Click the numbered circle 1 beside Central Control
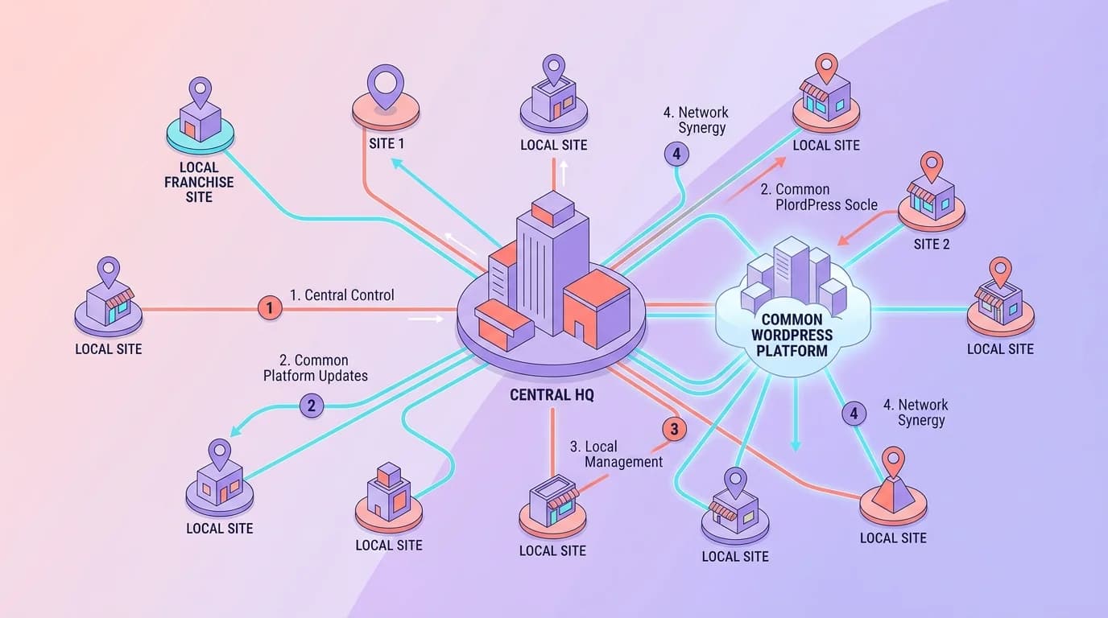(270, 307)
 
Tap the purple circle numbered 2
(311, 406)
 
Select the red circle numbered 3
(673, 430)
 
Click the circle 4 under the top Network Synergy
(676, 154)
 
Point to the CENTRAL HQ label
(552, 396)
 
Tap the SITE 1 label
(387, 144)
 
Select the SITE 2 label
(932, 244)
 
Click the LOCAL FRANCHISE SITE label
(199, 182)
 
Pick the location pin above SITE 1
(385, 85)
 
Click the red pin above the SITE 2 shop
(932, 167)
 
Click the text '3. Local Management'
(616, 454)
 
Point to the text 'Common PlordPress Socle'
(818, 197)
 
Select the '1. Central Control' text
(342, 295)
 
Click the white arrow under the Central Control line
(425, 319)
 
